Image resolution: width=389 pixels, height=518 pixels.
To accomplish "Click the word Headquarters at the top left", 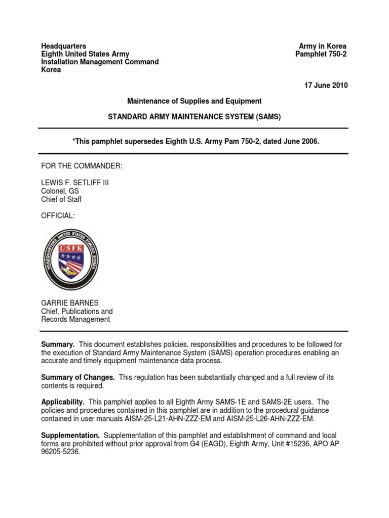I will (x=63, y=46).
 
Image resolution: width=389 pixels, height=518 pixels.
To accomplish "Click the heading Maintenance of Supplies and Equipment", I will (x=194, y=101).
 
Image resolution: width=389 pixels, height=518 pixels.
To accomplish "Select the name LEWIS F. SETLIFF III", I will (x=74, y=183).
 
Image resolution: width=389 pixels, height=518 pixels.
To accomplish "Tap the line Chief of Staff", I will (x=61, y=199).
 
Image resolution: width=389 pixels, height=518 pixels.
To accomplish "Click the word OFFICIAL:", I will (x=57, y=216).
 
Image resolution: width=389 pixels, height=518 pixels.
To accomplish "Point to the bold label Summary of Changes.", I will (x=77, y=378).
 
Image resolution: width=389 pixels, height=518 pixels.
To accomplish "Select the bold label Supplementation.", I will (x=70, y=436).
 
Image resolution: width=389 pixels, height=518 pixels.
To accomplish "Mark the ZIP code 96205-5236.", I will (x=60, y=452).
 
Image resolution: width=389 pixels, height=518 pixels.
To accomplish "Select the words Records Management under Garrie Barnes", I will (x=75, y=319).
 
